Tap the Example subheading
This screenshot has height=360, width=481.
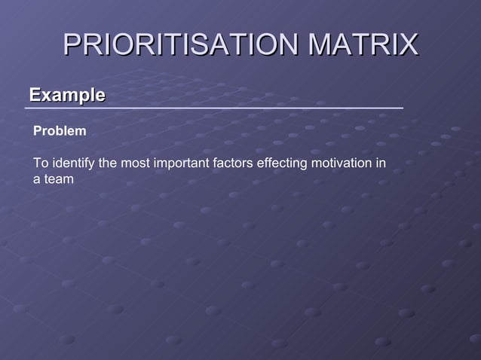click(66, 95)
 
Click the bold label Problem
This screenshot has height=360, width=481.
click(60, 131)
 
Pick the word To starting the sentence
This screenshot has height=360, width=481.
click(40, 163)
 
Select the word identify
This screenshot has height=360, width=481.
click(72, 163)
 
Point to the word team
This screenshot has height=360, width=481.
click(59, 179)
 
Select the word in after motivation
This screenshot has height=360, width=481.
click(381, 163)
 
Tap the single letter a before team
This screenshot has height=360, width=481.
click(36, 179)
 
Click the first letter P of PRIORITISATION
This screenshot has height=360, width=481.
click(72, 44)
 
